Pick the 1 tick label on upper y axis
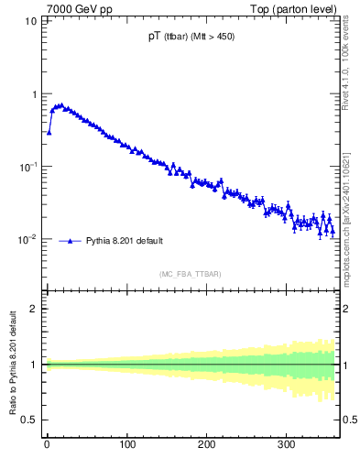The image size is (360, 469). click(x=34, y=93)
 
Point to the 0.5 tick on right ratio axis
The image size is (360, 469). click(x=349, y=420)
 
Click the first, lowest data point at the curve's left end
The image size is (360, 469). click(x=49, y=132)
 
